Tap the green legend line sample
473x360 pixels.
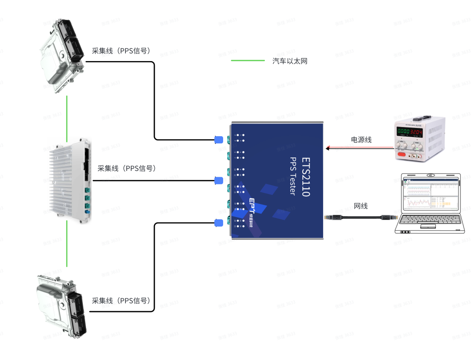click(248, 60)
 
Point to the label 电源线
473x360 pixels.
click(361, 140)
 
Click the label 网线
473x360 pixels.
click(360, 206)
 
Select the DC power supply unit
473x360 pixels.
click(419, 137)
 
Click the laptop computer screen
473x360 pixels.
click(429, 195)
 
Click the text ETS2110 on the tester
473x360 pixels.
click(306, 177)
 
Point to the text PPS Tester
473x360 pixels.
click(293, 176)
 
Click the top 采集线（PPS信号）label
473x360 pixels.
click(120, 51)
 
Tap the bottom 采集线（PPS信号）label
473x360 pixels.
click(120, 301)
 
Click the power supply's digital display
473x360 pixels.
click(410, 132)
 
